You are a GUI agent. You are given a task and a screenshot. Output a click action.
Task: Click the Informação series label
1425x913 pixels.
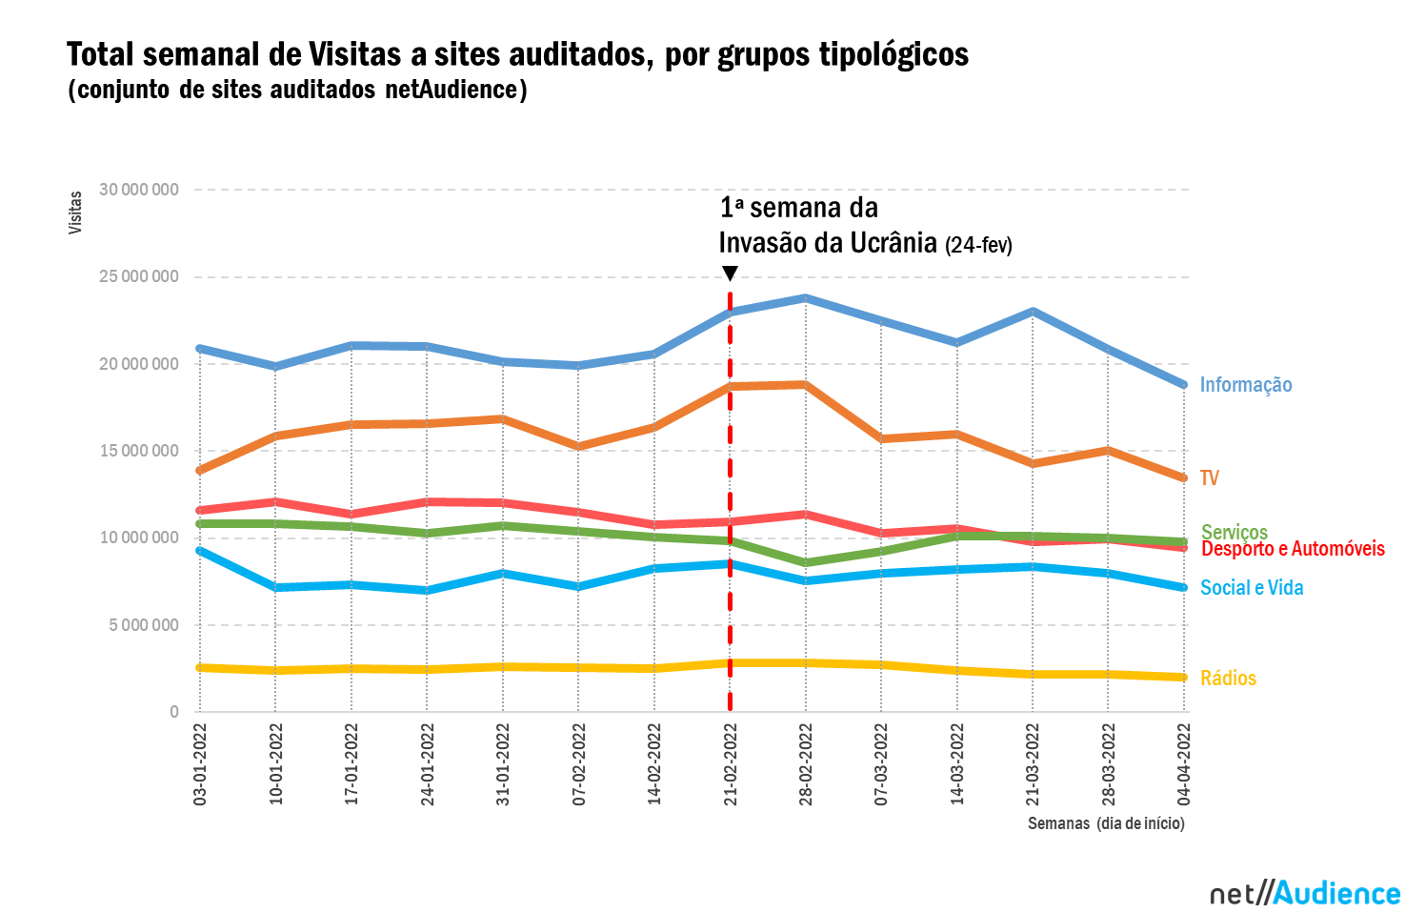coord(1245,385)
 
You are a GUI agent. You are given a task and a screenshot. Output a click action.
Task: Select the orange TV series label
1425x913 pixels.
coord(1209,478)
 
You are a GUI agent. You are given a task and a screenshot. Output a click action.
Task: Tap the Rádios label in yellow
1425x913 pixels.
coord(1228,679)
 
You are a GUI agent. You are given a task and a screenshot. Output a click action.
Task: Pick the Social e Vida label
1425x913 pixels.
coord(1251,588)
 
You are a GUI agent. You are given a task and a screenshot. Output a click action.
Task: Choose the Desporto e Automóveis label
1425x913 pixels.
coord(1293,550)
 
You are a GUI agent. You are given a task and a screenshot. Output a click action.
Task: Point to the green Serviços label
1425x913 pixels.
coord(1234,530)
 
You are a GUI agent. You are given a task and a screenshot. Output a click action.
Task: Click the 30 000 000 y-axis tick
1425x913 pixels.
coord(139,190)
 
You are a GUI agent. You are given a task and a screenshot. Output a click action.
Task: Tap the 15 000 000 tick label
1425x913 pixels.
coord(139,451)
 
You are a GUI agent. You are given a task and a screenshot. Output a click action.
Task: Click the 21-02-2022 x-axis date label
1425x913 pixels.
coord(731,764)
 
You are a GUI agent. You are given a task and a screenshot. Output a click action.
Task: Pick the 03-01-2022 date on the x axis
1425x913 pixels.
coord(200,764)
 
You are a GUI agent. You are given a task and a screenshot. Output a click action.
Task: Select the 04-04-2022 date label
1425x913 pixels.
coord(1184,764)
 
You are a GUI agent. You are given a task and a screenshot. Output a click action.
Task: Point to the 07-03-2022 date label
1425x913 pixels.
coord(881,764)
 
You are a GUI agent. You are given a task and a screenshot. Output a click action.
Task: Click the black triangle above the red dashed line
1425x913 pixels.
coord(730,274)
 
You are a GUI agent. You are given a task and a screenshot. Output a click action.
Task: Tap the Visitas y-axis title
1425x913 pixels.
coord(75,213)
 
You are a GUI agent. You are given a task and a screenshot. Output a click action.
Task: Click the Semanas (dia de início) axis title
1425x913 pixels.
coord(1106,823)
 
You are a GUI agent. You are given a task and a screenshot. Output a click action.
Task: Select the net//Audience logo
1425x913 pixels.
coord(1305,893)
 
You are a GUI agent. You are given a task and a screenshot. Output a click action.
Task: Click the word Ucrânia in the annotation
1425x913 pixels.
coord(893,243)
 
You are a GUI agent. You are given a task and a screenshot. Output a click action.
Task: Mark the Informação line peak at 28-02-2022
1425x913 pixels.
coord(806,298)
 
